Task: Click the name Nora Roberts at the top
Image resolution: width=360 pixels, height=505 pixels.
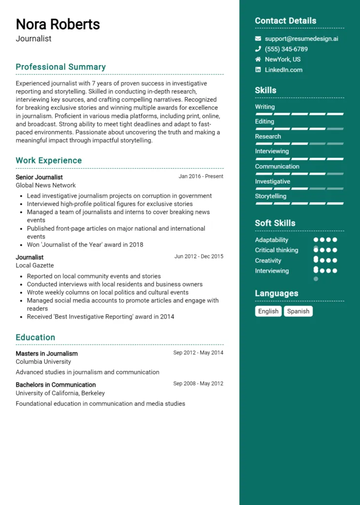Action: (x=58, y=24)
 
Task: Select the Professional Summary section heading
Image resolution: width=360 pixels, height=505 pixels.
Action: (x=61, y=67)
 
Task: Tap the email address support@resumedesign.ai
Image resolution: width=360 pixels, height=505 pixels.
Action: (x=301, y=38)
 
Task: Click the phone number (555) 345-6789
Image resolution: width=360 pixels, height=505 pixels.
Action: (x=286, y=49)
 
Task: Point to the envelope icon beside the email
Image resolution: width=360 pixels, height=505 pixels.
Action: (x=258, y=38)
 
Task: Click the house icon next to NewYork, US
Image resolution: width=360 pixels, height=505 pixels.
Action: (x=258, y=59)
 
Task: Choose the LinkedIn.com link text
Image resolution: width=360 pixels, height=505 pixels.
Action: (x=284, y=70)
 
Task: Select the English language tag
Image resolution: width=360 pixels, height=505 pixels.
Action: (x=268, y=311)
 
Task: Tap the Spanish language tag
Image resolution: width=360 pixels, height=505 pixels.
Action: (x=298, y=311)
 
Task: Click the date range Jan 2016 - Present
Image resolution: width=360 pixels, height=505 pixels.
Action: (x=201, y=177)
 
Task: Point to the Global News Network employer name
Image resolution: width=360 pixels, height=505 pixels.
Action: (x=46, y=185)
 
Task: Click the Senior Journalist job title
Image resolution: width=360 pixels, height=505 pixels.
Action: (x=39, y=177)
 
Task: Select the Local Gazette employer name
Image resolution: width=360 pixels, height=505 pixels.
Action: (x=35, y=265)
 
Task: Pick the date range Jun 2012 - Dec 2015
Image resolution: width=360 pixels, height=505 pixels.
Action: (x=199, y=256)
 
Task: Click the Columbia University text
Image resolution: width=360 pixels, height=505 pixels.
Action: (x=43, y=361)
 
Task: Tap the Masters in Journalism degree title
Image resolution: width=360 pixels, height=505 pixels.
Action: (x=46, y=353)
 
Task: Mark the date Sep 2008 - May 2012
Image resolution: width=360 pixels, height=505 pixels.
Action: (x=198, y=384)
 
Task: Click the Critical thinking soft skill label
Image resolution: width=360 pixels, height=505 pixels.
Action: (x=277, y=250)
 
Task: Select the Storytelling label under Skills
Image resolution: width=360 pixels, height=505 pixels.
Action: (x=270, y=196)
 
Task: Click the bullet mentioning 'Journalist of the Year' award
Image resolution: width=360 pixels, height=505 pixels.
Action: (x=85, y=245)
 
